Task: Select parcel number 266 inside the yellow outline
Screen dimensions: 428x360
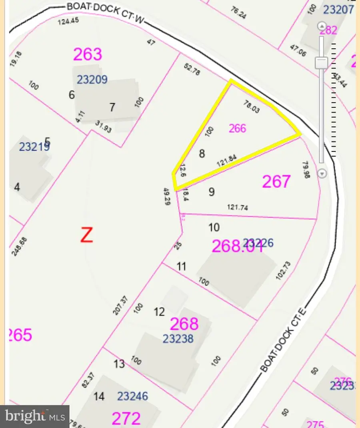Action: pyautogui.click(x=237, y=129)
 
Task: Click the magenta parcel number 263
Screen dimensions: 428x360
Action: pyautogui.click(x=88, y=54)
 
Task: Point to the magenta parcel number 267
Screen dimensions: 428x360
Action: pyautogui.click(x=276, y=181)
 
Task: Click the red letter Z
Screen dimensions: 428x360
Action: pyautogui.click(x=86, y=235)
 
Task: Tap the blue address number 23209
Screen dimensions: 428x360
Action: pyautogui.click(x=92, y=80)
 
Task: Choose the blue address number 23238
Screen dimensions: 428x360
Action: pyautogui.click(x=178, y=339)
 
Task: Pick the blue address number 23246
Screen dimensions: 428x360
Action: pyautogui.click(x=132, y=396)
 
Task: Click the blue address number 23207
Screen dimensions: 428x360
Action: pyautogui.click(x=338, y=9)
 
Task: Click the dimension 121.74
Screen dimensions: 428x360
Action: pyautogui.click(x=238, y=207)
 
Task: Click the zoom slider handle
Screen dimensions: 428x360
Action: pyautogui.click(x=321, y=62)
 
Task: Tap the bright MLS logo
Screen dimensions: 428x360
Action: pyautogui.click(x=35, y=416)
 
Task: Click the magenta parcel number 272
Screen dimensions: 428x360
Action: pyautogui.click(x=126, y=418)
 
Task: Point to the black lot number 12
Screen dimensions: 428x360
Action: pyautogui.click(x=159, y=311)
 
